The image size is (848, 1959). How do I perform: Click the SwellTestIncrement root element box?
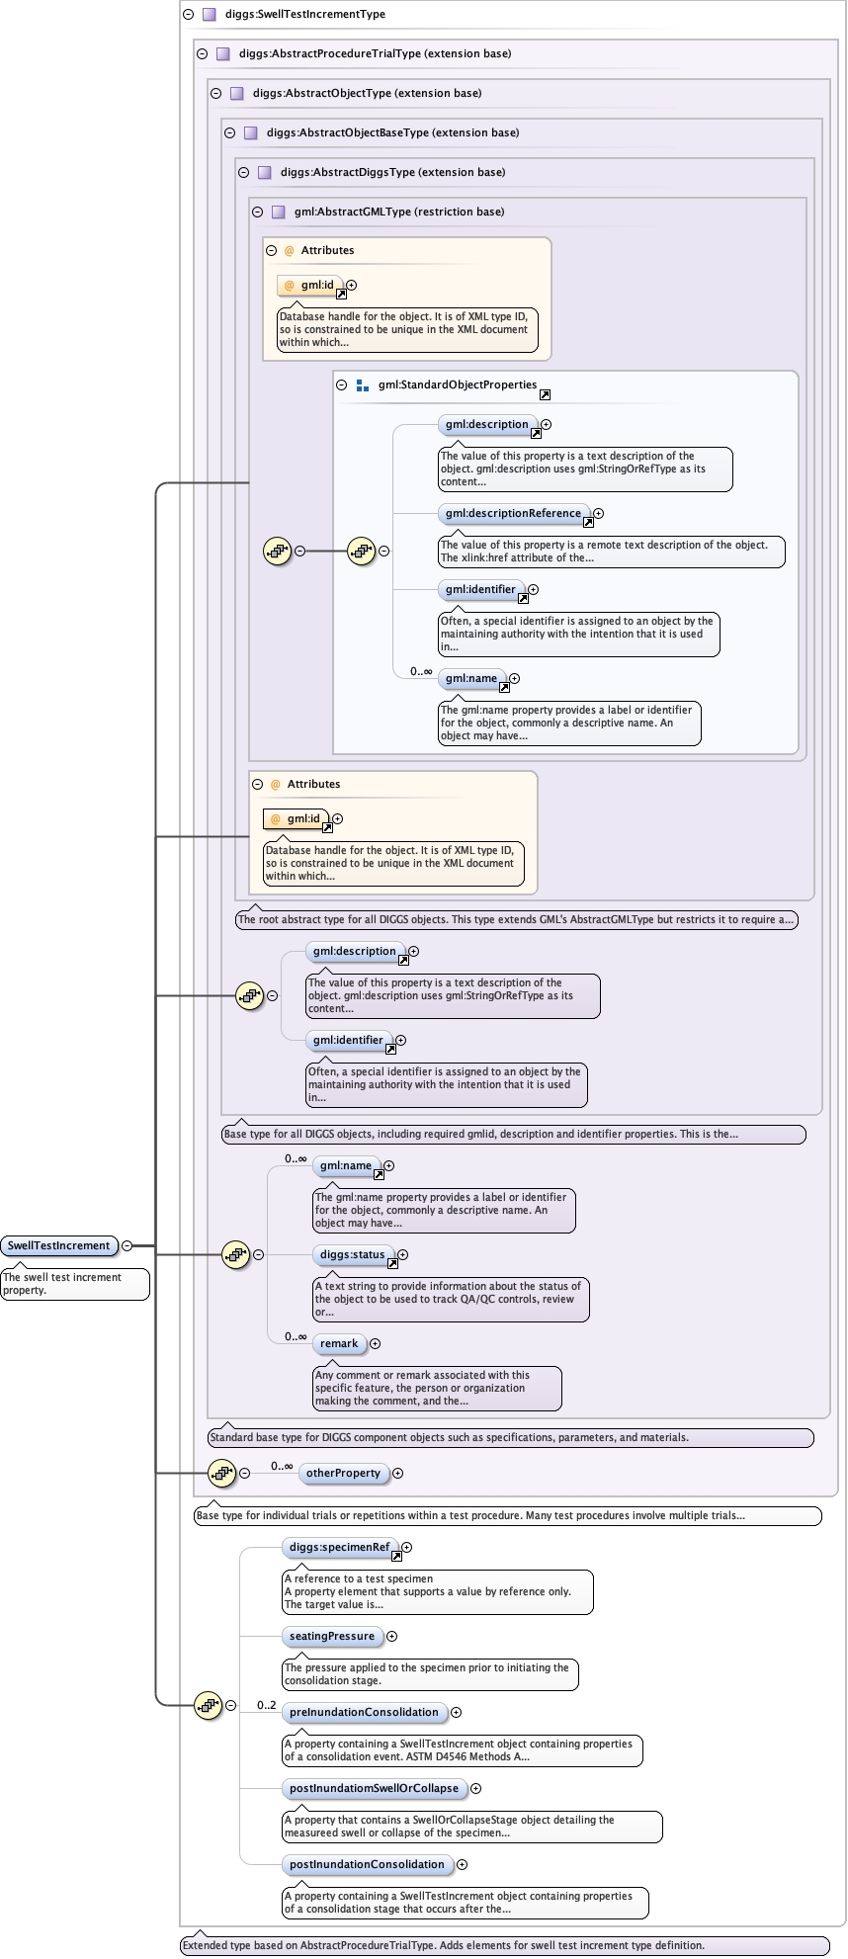58,1245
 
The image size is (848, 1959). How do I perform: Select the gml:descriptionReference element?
513,514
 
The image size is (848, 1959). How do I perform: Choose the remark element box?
339,1344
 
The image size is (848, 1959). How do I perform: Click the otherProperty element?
343,1473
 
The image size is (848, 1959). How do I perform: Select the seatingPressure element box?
332,1637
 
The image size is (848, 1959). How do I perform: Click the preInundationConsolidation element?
364,1713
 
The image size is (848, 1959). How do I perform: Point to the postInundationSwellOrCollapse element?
374,1789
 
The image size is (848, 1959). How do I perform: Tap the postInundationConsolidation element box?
367,1865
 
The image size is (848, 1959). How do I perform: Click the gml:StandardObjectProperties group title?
458,385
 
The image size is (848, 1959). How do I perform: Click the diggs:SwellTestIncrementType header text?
305,15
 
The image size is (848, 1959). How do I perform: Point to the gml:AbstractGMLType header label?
399,212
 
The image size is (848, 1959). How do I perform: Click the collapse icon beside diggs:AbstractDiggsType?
243,172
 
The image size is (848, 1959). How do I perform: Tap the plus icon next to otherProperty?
398,1473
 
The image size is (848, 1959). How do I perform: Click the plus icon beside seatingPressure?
392,1637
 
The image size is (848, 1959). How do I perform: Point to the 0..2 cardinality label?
267,1705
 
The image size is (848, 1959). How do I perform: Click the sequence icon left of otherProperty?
221,1473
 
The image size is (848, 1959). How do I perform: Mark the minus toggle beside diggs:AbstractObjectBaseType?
229,132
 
